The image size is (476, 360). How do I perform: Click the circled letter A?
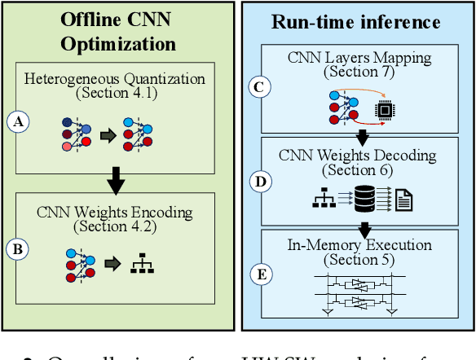click(x=16, y=123)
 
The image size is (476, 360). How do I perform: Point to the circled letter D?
click(x=260, y=181)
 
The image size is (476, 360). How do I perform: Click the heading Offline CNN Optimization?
click(x=120, y=30)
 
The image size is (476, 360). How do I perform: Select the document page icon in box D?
click(x=403, y=198)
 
